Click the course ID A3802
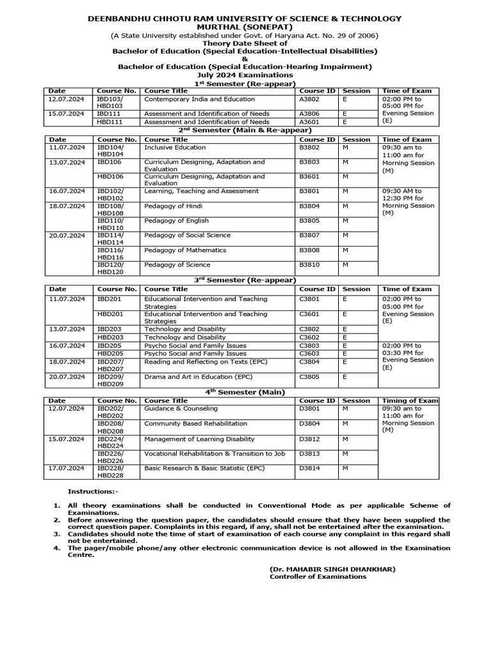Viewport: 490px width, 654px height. tap(310, 100)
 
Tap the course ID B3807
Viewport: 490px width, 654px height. tap(310, 236)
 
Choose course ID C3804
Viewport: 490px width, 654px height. tap(310, 361)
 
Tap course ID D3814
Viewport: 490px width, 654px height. tap(310, 468)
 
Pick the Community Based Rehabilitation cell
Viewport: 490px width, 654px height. tap(186, 423)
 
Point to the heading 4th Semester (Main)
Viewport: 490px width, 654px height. tap(244, 392)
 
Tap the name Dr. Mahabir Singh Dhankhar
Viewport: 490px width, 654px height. tap(332, 568)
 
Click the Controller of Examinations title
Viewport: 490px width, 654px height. tap(318, 576)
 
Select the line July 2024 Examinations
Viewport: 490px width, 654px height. tap(244, 75)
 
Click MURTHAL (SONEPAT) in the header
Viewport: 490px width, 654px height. tap(244, 27)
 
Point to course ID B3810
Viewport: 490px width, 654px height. tap(310, 265)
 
